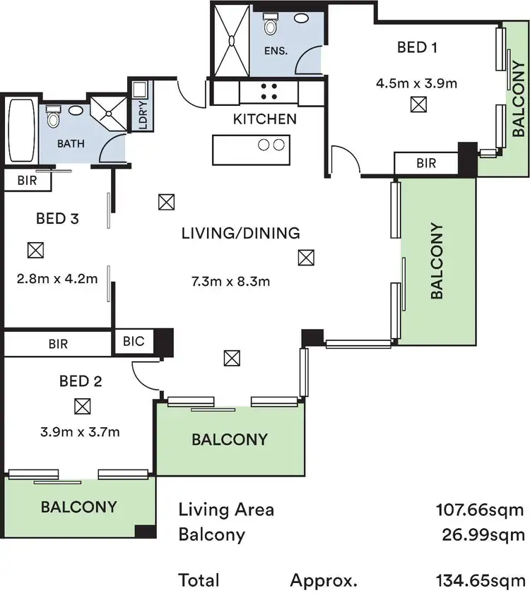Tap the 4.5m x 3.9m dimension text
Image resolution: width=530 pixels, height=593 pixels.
point(416,83)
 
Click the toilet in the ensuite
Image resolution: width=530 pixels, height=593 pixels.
point(270,25)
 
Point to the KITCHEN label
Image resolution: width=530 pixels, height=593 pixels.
point(265,119)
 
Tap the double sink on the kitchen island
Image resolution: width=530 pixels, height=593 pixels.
point(271,145)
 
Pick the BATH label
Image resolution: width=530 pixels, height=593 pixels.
point(71,143)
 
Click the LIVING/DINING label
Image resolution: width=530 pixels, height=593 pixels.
point(240,233)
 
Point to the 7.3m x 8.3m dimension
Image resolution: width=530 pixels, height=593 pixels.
point(231,281)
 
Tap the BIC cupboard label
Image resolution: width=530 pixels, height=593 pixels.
point(134,341)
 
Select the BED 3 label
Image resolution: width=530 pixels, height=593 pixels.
point(57,218)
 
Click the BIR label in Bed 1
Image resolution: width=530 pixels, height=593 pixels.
point(426,163)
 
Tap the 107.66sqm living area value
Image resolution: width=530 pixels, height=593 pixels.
point(481,509)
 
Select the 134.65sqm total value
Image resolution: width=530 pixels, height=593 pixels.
point(481,580)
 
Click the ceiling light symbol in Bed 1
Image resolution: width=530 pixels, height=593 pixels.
point(418,105)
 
